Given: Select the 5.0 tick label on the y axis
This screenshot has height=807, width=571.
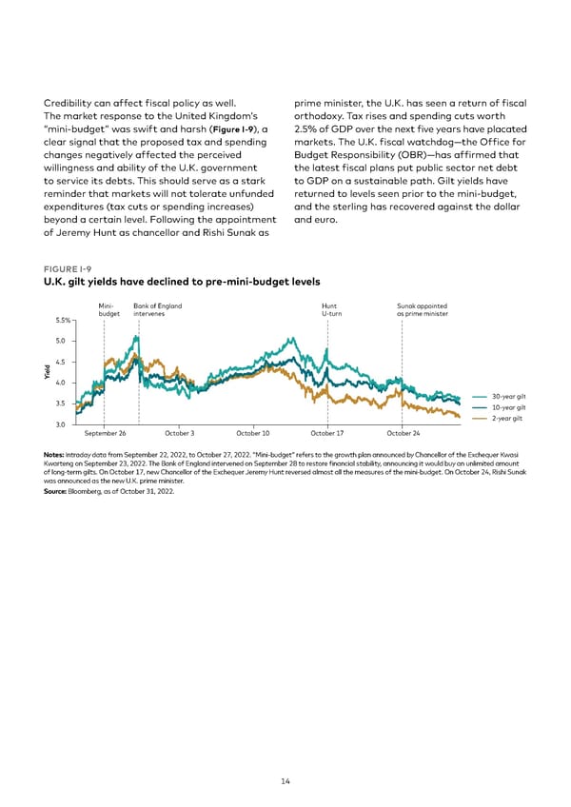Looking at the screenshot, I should tap(62, 341).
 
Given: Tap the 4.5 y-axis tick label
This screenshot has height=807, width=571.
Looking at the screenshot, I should tap(62, 362).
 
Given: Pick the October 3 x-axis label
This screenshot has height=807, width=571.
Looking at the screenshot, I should tap(180, 433).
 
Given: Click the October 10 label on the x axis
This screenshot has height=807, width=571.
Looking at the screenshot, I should tap(253, 433).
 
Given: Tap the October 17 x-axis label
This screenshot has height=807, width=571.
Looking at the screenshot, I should tap(327, 433).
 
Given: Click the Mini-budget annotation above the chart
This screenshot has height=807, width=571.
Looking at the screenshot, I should tap(108, 309).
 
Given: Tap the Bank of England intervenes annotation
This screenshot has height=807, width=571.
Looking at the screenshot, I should tap(157, 309).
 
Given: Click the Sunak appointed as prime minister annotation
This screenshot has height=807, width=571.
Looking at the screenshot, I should tap(421, 309).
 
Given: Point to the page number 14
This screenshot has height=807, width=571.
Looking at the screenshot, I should tap(285, 781).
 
